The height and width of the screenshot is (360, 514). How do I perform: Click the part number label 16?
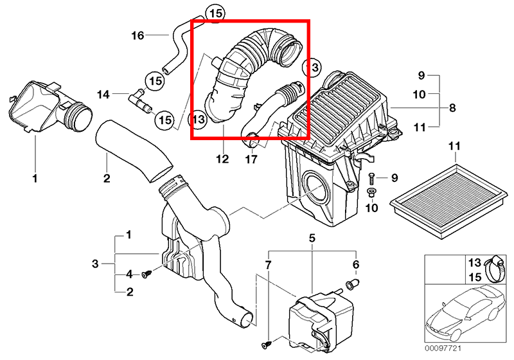[x=137, y=35]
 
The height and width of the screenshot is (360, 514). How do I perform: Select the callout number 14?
[x=103, y=94]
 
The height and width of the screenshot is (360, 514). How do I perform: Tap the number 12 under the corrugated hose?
[x=222, y=159]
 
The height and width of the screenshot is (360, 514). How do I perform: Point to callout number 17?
[x=251, y=159]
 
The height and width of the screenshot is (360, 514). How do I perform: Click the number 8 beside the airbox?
[x=452, y=107]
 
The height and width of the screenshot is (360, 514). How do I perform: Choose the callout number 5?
[x=312, y=238]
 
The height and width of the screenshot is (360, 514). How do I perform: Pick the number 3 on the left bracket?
[x=95, y=264]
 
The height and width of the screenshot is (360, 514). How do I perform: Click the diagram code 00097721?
[x=443, y=348]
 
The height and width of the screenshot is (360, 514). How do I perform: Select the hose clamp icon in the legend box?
[x=494, y=269]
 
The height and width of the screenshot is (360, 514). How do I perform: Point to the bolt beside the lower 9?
[x=371, y=178]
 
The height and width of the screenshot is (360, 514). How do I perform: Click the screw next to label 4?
[x=146, y=274]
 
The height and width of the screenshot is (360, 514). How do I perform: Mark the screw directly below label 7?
[x=266, y=345]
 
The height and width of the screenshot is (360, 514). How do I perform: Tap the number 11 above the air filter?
[x=454, y=145]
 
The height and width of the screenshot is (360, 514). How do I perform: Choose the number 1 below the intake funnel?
[x=35, y=178]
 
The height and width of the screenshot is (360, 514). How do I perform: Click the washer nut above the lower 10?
[x=371, y=192]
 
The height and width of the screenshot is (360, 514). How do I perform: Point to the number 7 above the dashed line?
[x=268, y=265]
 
